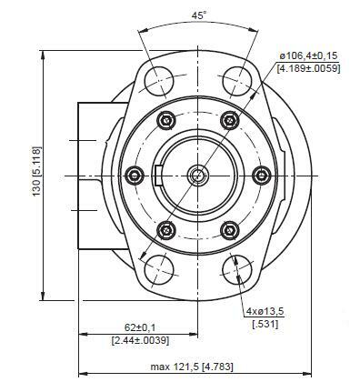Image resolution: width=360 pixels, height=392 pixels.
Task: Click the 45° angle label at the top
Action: pos(198,15)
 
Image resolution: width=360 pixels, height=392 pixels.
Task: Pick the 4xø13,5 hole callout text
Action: pos(265,312)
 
